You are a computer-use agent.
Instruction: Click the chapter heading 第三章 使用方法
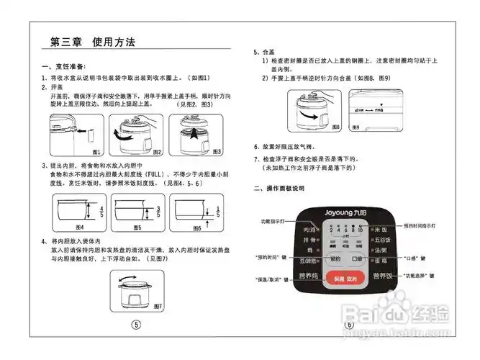click(x=93, y=42)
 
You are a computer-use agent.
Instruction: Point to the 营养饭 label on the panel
click(x=381, y=276)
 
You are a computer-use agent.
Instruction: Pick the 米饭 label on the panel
click(x=381, y=230)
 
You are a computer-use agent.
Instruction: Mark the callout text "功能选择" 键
click(x=418, y=276)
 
